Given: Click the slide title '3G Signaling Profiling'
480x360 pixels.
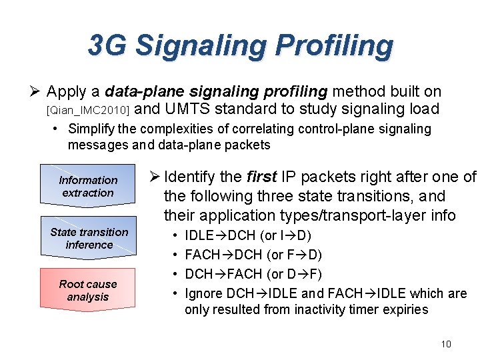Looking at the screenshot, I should (x=240, y=45).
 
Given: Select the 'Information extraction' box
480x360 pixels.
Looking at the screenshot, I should (x=88, y=186).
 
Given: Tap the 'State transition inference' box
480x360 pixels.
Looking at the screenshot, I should (x=89, y=238).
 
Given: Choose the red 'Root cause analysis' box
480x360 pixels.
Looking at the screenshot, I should (x=87, y=290).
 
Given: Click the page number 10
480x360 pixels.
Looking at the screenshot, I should (x=445, y=344).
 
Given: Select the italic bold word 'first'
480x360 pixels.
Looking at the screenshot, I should (x=262, y=177).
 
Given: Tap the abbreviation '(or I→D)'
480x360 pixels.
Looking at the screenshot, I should (x=286, y=235).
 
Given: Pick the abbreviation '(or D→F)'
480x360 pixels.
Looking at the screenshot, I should (x=293, y=274).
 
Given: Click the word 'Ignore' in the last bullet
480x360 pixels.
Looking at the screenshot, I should (x=203, y=293).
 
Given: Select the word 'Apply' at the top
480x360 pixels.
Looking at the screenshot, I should (x=74, y=91).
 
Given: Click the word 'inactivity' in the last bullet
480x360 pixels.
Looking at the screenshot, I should (x=311, y=309).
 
